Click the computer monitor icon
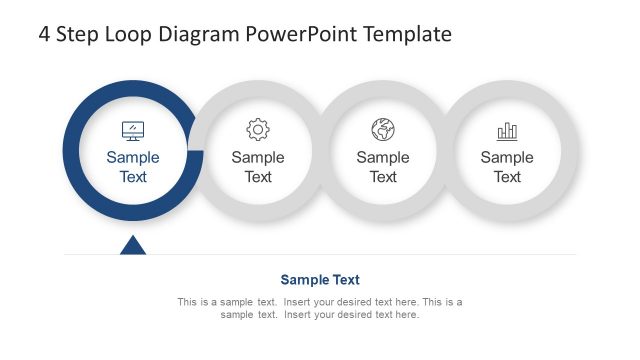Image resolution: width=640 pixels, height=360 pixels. click(x=133, y=130)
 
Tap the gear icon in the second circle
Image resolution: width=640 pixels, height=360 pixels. click(x=258, y=130)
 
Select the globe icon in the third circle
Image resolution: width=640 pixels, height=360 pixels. click(x=383, y=130)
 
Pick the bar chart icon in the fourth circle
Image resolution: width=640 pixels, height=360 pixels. click(x=507, y=131)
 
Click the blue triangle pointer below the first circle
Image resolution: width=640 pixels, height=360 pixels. click(x=133, y=245)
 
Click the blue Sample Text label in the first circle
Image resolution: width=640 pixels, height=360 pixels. click(x=133, y=167)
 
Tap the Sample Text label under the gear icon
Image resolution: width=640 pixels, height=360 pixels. click(x=258, y=167)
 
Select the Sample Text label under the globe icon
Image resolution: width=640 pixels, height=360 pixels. click(x=383, y=167)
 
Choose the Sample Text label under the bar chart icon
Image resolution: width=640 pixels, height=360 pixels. click(x=507, y=167)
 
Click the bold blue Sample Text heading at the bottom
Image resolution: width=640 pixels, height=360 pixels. click(x=320, y=280)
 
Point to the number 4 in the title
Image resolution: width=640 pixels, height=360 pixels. click(x=45, y=35)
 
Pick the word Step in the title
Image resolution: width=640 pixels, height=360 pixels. click(x=81, y=35)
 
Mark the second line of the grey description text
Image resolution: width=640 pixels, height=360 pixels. click(x=320, y=315)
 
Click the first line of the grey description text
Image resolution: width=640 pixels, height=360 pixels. click(x=320, y=302)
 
